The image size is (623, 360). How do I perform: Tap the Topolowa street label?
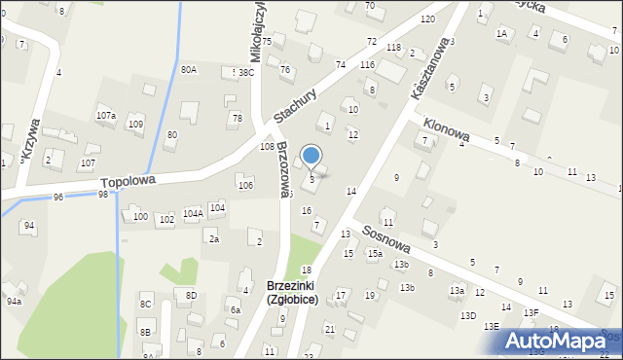pos(128,181)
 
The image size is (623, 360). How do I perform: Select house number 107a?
pos(106,116)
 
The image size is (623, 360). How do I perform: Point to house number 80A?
pos(189,70)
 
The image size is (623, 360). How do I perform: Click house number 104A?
pos(193,213)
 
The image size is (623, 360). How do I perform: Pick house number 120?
pos(426,19)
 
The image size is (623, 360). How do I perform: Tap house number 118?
pos(393,47)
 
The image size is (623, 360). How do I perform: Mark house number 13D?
pos(468,315)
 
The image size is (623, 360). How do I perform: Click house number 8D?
pos(191,295)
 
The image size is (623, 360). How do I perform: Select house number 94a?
pos(14,302)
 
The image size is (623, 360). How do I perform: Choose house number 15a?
pos(374,254)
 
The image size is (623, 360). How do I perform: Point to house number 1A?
pos(502,33)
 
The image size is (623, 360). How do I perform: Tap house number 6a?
pos(235,310)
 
